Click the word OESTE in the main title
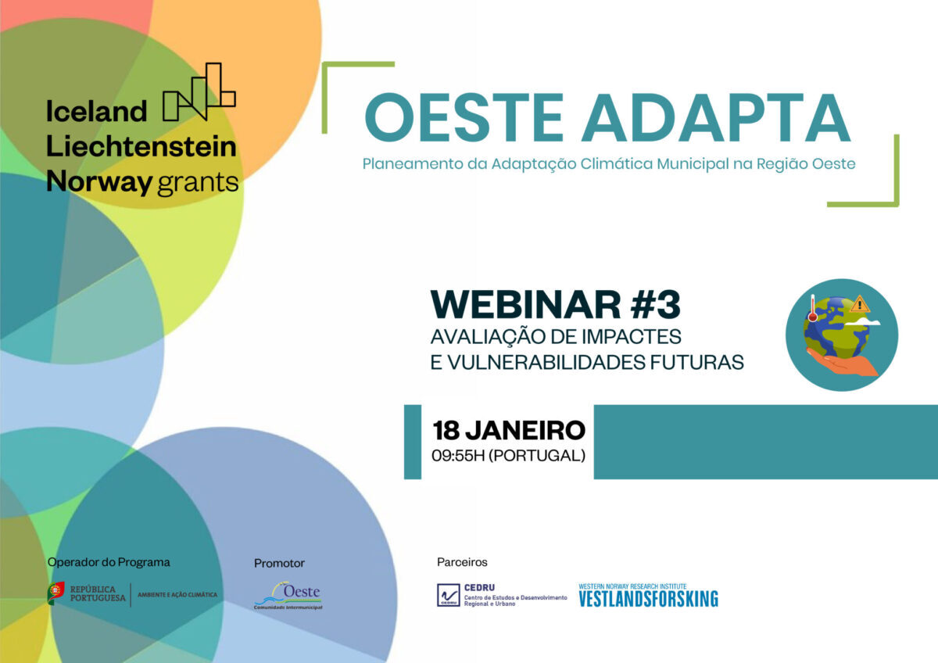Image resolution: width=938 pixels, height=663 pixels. pyautogui.click(x=464, y=117)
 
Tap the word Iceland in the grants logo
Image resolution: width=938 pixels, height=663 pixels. pyautogui.click(x=96, y=112)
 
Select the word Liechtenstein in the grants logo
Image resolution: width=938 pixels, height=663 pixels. pyautogui.click(x=141, y=146)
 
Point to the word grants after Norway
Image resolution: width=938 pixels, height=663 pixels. pyautogui.click(x=198, y=183)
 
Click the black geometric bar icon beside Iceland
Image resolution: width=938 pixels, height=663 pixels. pyautogui.click(x=199, y=91)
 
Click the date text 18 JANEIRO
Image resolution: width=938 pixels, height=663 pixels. pyautogui.click(x=509, y=430)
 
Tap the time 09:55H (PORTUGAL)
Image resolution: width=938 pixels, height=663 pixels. pyautogui.click(x=508, y=455)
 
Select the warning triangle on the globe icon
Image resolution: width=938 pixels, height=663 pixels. pyautogui.click(x=860, y=303)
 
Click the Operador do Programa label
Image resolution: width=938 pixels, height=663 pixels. pyautogui.click(x=109, y=561)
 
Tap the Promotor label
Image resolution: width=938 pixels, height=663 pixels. pyautogui.click(x=279, y=563)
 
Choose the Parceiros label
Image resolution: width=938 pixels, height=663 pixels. pyautogui.click(x=462, y=562)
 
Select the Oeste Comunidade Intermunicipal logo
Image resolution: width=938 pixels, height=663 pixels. pyautogui.click(x=288, y=595)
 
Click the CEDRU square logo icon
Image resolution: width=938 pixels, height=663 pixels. pyautogui.click(x=448, y=595)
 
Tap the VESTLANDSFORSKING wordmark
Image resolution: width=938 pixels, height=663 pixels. pyautogui.click(x=648, y=599)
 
